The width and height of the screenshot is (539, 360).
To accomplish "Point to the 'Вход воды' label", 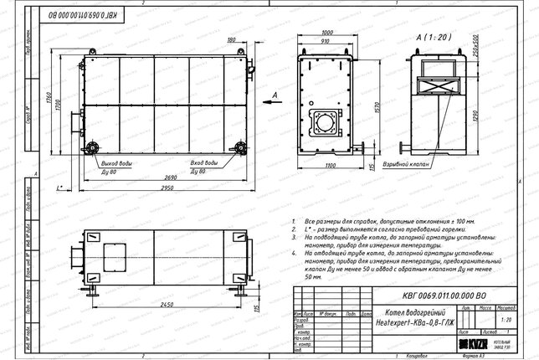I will pyautogui.click(x=204, y=162).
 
